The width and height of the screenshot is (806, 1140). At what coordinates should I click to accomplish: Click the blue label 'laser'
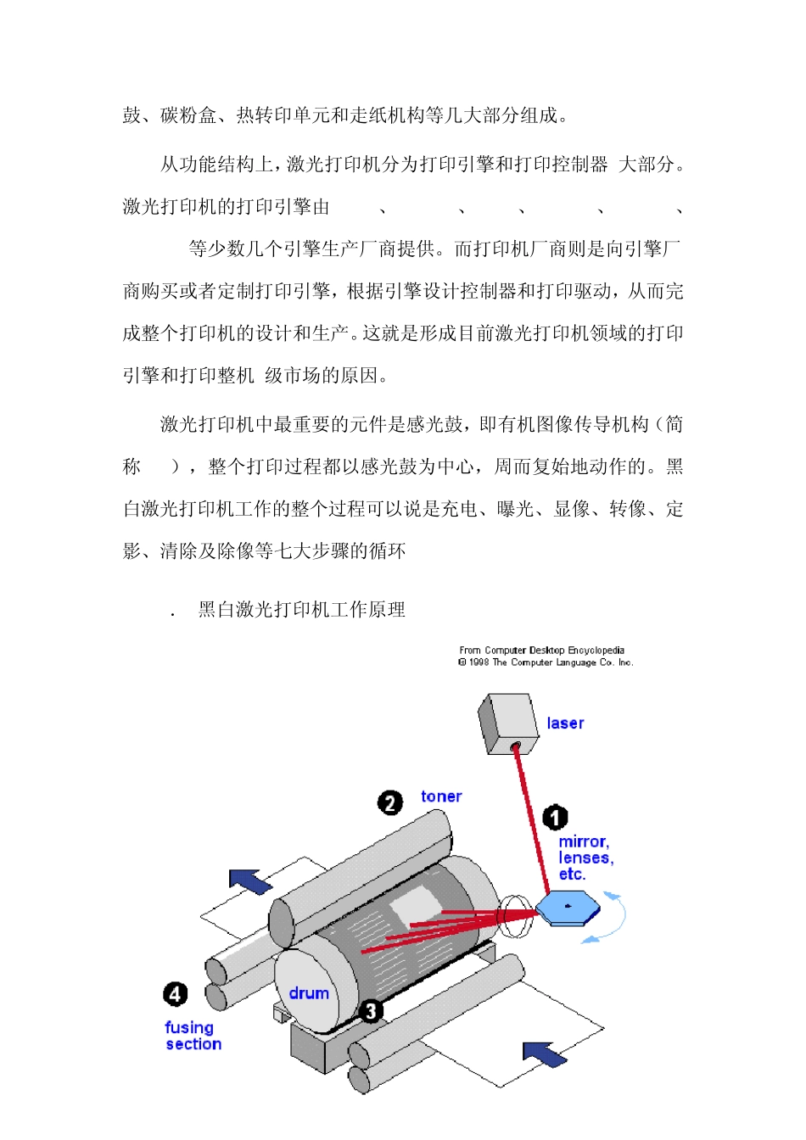coord(565,724)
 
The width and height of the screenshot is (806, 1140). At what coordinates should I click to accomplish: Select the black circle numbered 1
coord(555,818)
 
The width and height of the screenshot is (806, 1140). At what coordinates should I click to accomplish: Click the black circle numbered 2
coord(390,802)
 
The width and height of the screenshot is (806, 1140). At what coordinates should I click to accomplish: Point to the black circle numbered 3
coord(370,1010)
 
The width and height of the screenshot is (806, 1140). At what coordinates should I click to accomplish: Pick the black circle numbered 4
coord(176,994)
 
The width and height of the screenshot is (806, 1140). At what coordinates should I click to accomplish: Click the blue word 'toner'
coord(441,796)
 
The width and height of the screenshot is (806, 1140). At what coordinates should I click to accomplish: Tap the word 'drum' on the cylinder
coord(309,993)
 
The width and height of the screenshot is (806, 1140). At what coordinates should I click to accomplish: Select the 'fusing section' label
coord(193,1036)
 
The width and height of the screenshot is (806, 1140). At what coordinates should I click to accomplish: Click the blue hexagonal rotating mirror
coord(568,909)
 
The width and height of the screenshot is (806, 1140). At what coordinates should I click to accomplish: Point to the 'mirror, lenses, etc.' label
coord(585,858)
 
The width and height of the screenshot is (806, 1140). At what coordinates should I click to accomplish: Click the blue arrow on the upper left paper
coord(250,881)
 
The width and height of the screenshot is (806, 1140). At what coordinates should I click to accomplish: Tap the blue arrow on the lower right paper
coord(545,1053)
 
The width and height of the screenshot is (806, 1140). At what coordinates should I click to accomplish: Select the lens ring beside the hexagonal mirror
coord(513,915)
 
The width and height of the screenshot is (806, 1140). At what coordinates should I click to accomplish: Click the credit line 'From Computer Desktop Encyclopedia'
coord(541,651)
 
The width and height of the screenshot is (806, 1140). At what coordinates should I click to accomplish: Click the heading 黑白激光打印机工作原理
coord(301,610)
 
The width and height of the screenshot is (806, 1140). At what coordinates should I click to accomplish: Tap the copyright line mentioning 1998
coord(546,662)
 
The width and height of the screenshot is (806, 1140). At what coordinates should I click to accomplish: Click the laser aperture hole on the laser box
coord(515,747)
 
